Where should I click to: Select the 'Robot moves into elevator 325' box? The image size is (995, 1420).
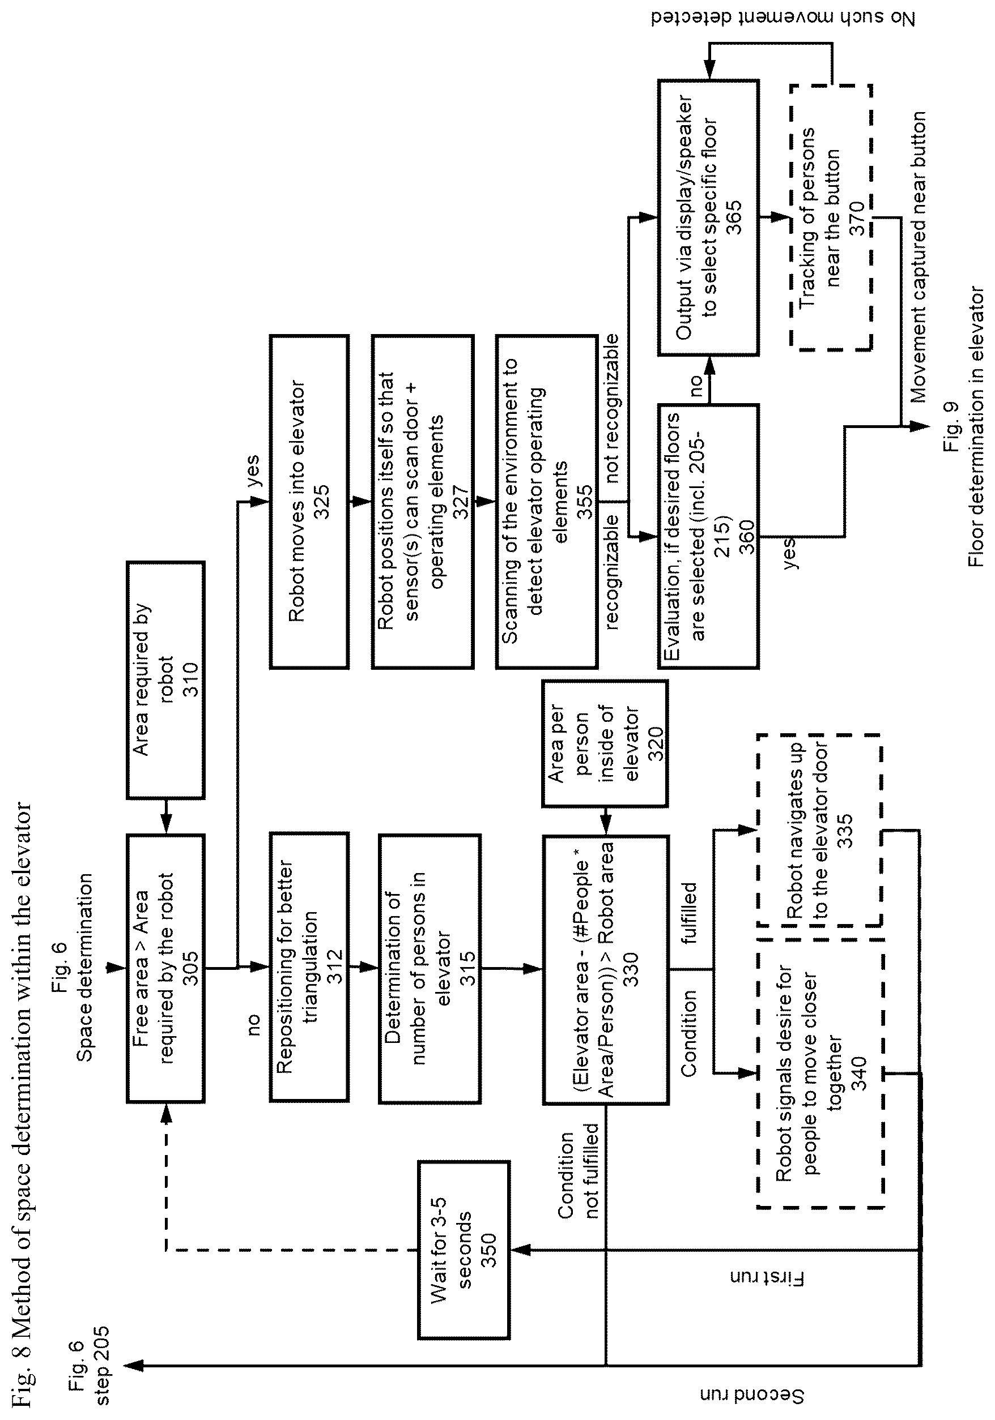tap(309, 502)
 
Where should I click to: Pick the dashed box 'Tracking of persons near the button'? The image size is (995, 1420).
tap(831, 218)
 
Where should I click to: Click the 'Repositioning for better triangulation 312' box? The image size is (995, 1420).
tap(309, 966)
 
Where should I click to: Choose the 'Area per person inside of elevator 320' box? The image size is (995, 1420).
tap(605, 743)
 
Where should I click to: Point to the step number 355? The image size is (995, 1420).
tap(584, 502)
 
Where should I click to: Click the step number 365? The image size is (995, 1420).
tap(734, 218)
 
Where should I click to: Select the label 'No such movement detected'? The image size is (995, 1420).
tap(783, 18)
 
